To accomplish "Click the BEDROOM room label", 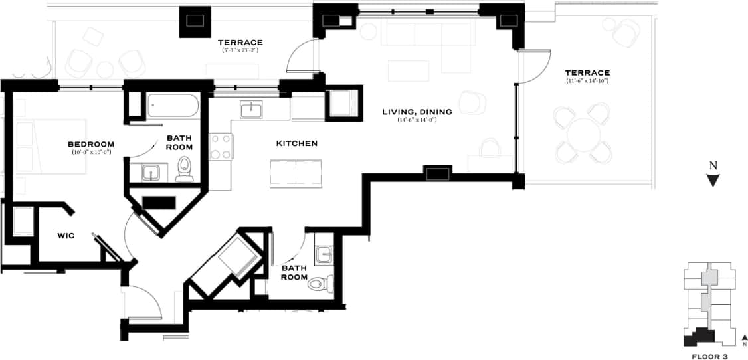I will click(91, 144).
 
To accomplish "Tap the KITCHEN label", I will click(297, 143).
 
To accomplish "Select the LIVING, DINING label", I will click(417, 112).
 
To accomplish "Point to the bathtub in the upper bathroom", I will click(173, 106).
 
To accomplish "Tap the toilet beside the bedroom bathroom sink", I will click(185, 170).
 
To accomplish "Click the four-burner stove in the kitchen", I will click(221, 147).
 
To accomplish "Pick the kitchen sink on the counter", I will click(251, 109).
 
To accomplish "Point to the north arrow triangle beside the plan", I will click(713, 180).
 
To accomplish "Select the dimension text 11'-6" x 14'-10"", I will click(587, 81).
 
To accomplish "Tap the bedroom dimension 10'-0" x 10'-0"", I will click(91, 152).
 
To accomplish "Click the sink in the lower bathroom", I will click(325, 254).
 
